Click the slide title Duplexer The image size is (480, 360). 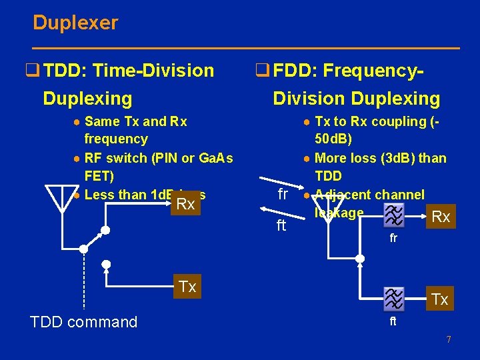point(75,23)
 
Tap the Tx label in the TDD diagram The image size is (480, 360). point(187,287)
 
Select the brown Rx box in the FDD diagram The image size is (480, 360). point(441,217)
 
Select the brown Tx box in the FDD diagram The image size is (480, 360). point(439,299)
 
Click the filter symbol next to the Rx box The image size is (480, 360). point(394,214)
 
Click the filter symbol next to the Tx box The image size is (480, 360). point(394,298)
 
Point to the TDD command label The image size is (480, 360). point(84,323)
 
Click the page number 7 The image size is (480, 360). point(449,340)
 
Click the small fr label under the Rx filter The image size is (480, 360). point(393,238)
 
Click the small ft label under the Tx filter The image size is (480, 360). point(393,321)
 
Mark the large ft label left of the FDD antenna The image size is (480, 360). point(281,226)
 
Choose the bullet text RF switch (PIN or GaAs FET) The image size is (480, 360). point(159,167)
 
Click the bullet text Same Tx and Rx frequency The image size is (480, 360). point(136,130)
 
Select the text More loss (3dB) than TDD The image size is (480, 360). point(379,167)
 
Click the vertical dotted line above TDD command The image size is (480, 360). point(84,280)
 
